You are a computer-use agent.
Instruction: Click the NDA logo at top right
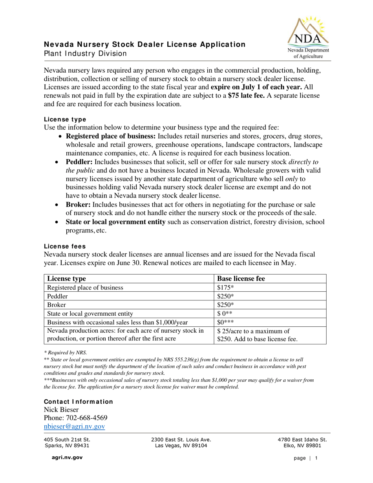click(309, 38)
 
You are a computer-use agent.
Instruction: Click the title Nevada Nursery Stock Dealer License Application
click(144, 44)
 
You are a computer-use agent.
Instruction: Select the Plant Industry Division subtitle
click(85, 53)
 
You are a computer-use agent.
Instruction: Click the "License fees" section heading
click(64, 246)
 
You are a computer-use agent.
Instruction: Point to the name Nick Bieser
click(61, 410)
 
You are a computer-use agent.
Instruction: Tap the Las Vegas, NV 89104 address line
click(181, 446)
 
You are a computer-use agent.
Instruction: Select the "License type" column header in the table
click(66, 279)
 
